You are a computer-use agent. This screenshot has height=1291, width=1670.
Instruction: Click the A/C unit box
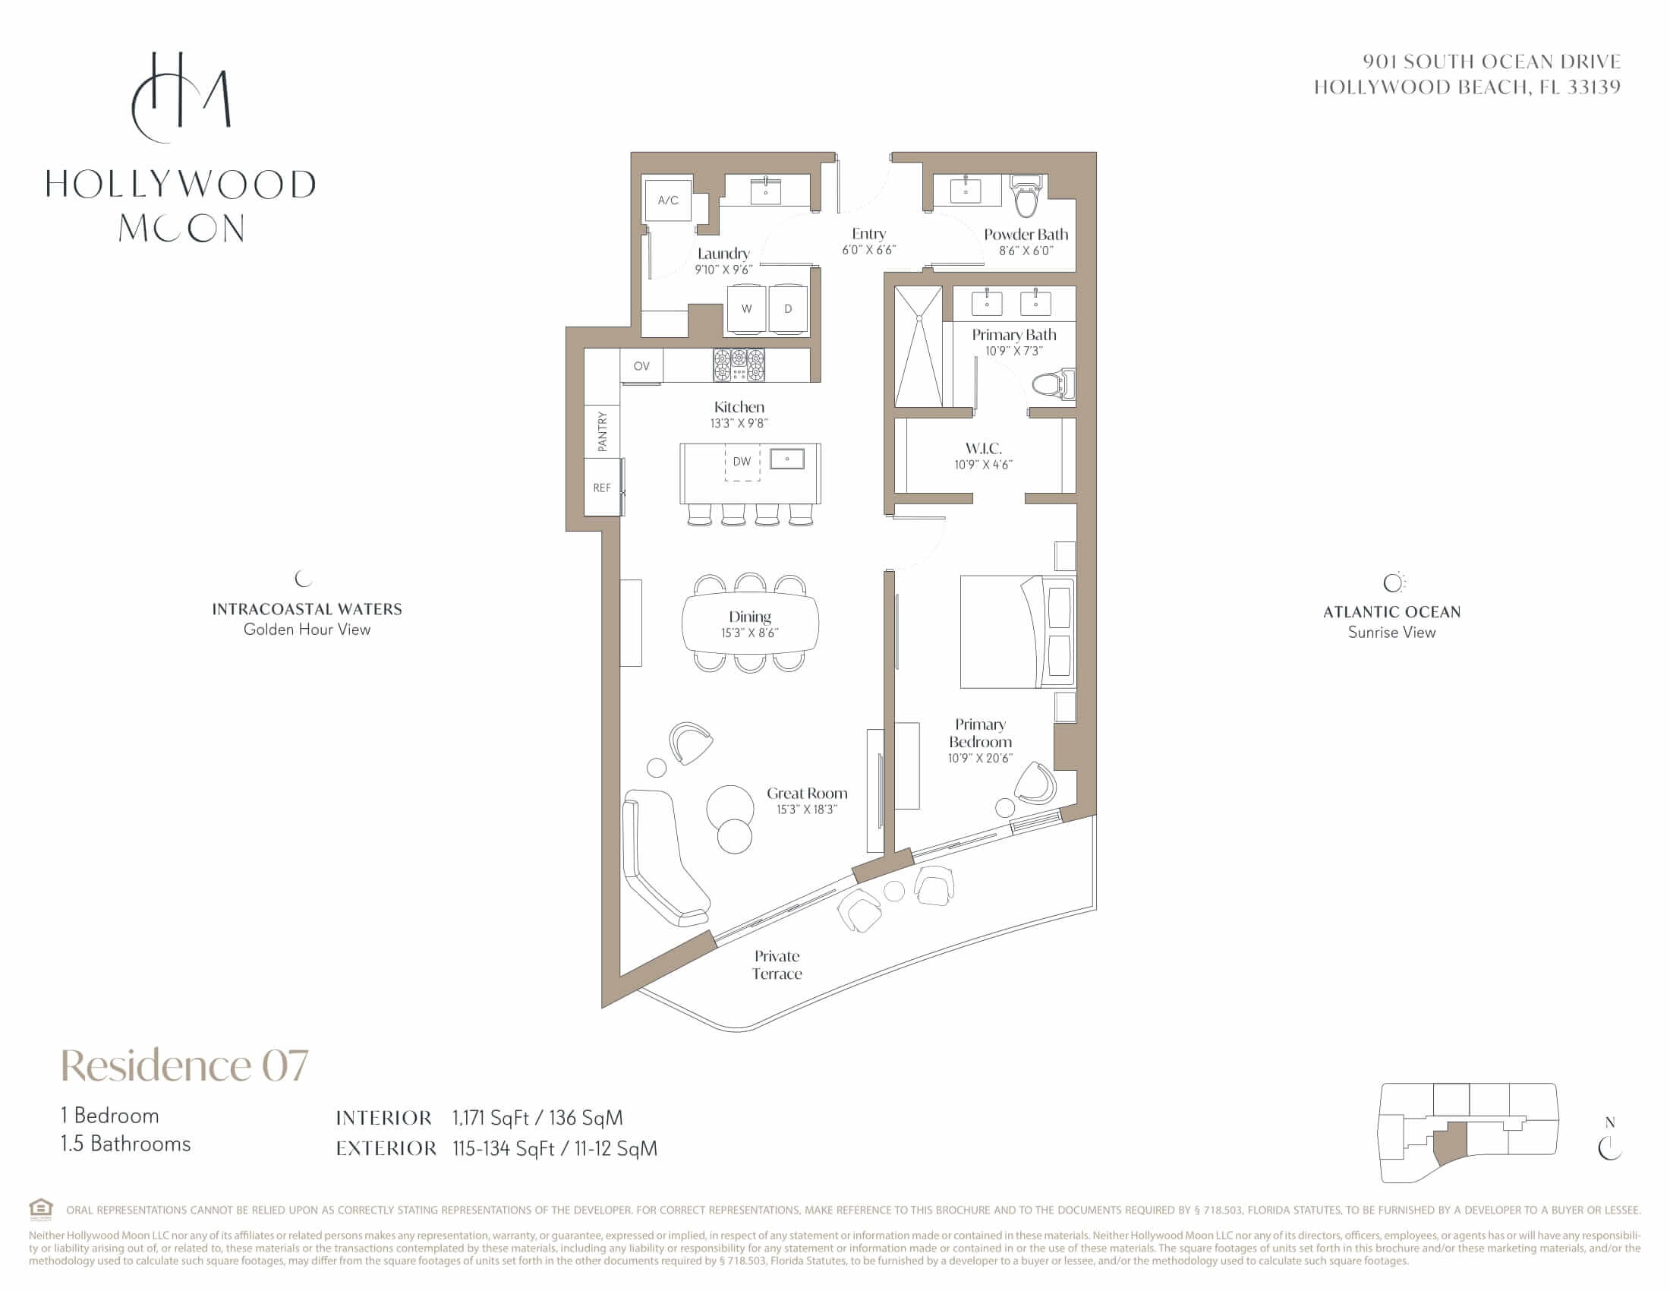tap(668, 200)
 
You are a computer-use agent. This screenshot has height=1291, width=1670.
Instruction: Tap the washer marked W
tap(746, 308)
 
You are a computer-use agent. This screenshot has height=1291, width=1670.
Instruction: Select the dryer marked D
tap(788, 308)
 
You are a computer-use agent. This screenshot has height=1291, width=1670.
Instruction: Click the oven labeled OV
tap(641, 366)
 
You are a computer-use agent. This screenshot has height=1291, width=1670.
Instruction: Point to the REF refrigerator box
tap(602, 488)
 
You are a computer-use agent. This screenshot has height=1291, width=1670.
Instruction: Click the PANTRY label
tap(603, 431)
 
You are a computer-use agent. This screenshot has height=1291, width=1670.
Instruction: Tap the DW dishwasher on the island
tap(742, 462)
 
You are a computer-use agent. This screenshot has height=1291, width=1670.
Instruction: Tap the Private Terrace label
tap(777, 964)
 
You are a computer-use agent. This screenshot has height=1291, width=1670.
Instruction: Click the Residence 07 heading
tap(184, 1065)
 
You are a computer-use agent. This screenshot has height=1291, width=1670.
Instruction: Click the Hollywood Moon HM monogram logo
tap(181, 97)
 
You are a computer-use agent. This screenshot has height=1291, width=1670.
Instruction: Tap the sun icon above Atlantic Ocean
tap(1394, 582)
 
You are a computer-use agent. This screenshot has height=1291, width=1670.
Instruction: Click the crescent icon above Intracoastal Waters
tap(304, 578)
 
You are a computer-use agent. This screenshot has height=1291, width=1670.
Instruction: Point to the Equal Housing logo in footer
tap(41, 1209)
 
